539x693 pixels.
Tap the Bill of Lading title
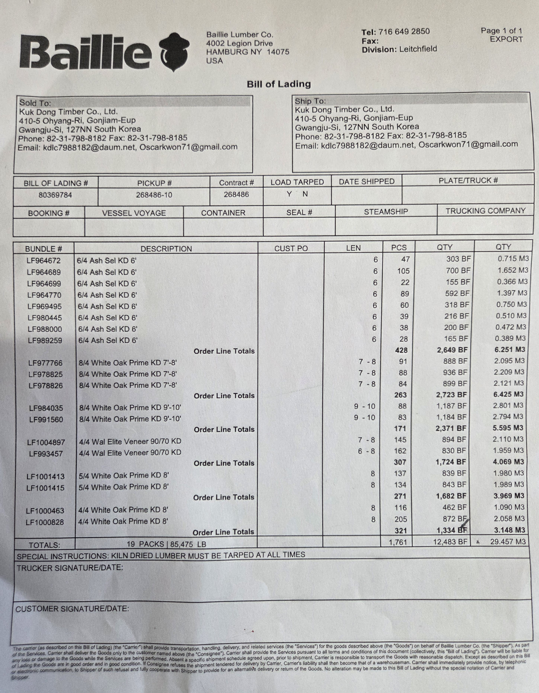click(x=279, y=84)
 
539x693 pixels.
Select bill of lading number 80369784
click(x=55, y=195)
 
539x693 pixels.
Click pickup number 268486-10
click(x=154, y=195)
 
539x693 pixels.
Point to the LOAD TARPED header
click(x=297, y=182)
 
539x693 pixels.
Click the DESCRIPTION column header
click(x=166, y=249)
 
